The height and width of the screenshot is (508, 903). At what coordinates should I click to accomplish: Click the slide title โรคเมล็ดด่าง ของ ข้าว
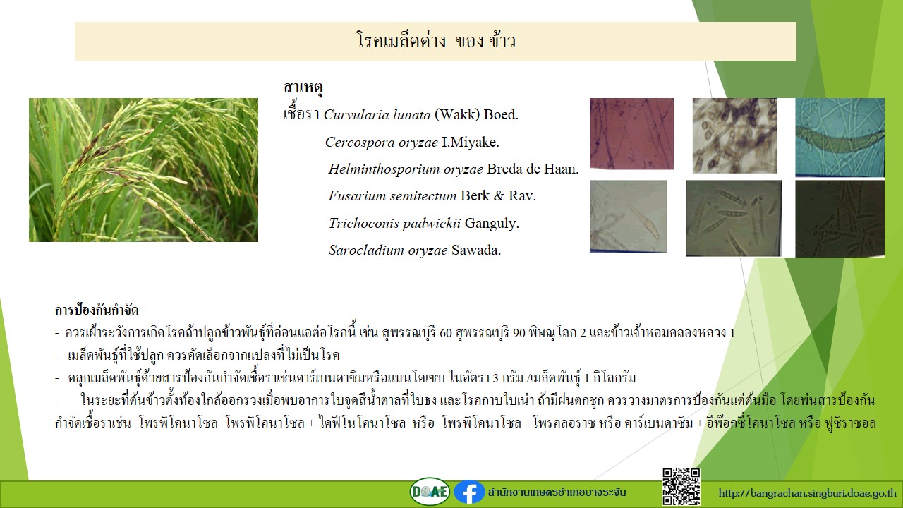pos(436,41)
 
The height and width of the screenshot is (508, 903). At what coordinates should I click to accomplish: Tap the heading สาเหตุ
pos(303,87)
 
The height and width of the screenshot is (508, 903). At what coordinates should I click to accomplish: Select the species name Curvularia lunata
pos(377,115)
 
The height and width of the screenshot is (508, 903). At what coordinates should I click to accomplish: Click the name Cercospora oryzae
pos(382,143)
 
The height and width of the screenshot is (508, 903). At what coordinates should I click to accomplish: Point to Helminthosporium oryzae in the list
pos(405,169)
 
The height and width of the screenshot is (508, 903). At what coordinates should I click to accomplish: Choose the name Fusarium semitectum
pos(392,196)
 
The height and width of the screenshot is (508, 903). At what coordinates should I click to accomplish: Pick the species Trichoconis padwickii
pos(394,224)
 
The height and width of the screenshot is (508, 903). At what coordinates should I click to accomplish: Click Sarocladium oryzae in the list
pos(388,250)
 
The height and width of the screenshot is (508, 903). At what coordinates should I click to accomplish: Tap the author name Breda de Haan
pos(533,169)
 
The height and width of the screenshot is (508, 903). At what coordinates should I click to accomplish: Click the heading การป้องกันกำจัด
pos(97,310)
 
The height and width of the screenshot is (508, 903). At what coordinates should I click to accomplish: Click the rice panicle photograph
pos(143,170)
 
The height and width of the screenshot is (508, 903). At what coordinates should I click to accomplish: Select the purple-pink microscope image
pos(631,133)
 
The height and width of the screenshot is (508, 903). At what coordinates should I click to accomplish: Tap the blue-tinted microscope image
pos(840,137)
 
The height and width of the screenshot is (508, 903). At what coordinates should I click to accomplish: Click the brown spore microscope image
pos(734,135)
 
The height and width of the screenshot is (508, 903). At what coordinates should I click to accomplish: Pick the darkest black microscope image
pos(840,219)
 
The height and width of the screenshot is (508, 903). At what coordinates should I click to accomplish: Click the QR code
pos(681,487)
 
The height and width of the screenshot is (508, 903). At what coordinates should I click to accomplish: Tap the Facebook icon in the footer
pos(469,492)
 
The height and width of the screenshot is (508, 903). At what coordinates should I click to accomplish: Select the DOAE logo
pos(430,492)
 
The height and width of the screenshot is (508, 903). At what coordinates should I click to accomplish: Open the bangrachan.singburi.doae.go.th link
pos(808,493)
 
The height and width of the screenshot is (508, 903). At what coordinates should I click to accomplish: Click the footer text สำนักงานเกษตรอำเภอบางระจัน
pos(557,492)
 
